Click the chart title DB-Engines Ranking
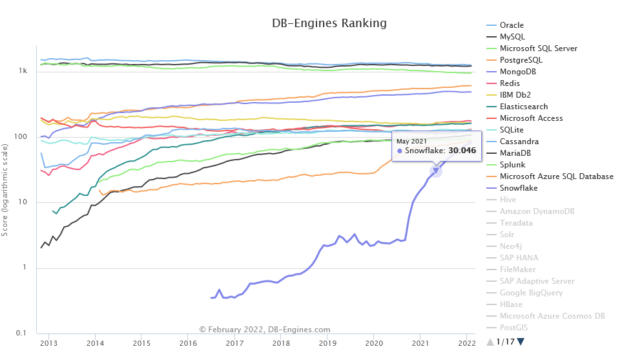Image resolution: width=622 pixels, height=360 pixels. click(329, 23)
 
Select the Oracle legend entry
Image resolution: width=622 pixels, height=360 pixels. click(512, 25)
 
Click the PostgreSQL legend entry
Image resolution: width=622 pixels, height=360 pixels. click(521, 60)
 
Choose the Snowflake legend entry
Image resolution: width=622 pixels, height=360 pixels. click(519, 188)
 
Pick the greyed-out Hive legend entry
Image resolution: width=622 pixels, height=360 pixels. click(508, 200)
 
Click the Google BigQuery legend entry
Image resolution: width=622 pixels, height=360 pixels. click(530, 293)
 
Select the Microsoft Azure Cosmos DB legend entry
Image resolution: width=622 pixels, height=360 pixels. click(552, 316)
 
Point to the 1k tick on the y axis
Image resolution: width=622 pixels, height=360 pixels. click(23, 71)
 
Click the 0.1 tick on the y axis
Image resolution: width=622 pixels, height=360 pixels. click(21, 334)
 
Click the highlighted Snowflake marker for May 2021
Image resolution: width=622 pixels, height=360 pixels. click(436, 170)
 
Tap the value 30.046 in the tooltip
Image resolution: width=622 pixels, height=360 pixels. click(457, 151)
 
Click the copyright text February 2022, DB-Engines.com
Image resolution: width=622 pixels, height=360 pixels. click(265, 330)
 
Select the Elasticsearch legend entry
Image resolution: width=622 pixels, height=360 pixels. click(524, 107)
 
